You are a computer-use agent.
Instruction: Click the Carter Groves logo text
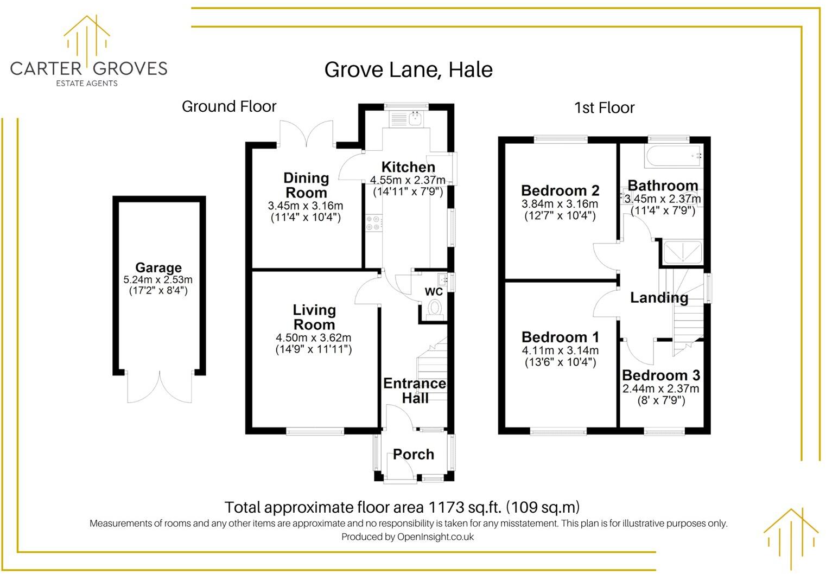(x=88, y=68)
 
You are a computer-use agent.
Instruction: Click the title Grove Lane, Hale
(x=408, y=70)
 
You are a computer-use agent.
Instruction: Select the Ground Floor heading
(x=229, y=106)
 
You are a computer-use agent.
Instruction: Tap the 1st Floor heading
(x=604, y=108)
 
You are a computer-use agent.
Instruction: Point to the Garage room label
(x=158, y=267)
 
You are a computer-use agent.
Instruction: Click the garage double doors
(x=160, y=387)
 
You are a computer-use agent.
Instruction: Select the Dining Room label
(x=306, y=185)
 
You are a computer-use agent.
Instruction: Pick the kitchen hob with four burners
(x=373, y=223)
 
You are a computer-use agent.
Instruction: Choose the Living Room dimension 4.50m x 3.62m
(x=313, y=337)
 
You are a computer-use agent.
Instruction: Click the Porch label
(x=413, y=454)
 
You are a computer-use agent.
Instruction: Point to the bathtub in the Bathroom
(x=673, y=156)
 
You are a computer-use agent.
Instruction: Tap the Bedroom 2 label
(x=560, y=190)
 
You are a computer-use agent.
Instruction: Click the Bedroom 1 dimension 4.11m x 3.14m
(x=560, y=350)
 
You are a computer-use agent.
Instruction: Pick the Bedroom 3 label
(x=660, y=375)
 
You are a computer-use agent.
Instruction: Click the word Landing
(x=659, y=297)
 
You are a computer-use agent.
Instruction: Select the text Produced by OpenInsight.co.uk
(x=407, y=537)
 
